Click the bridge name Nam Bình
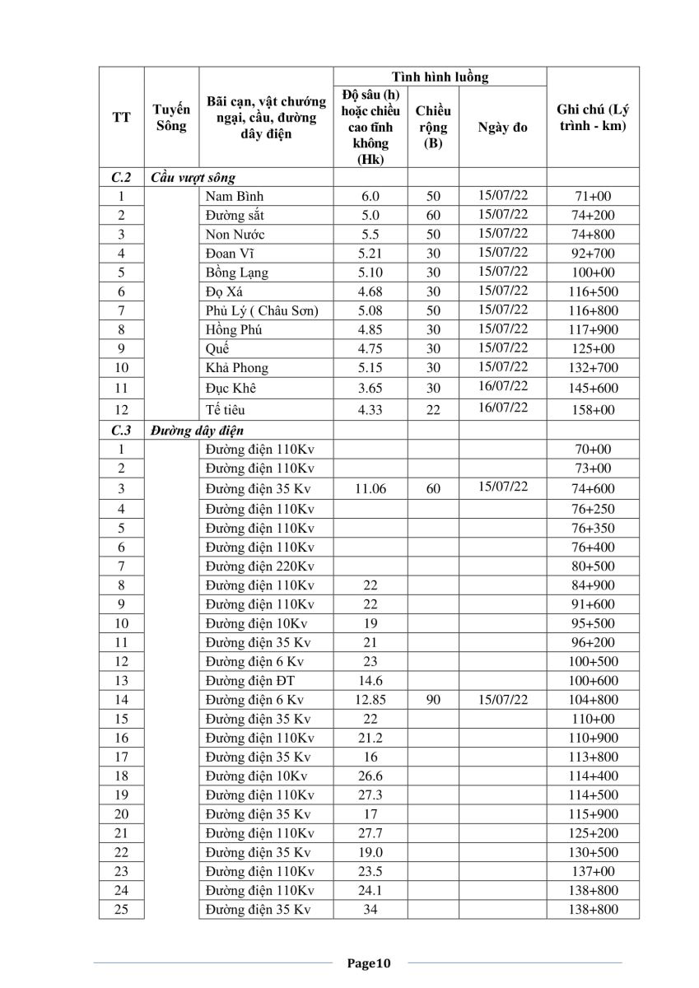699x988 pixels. [235, 197]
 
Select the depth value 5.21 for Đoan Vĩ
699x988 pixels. [370, 254]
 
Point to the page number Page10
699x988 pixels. [369, 962]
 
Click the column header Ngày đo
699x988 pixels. [502, 128]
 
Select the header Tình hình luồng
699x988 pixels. [440, 77]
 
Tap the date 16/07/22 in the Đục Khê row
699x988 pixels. [502, 386]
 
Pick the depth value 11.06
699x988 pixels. [370, 489]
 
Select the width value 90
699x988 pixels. [433, 700]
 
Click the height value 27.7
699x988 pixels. [370, 833]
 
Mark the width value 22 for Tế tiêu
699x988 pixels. [433, 409]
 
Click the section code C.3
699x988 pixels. [121, 430]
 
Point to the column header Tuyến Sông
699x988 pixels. [172, 117]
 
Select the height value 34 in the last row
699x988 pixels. [370, 910]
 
